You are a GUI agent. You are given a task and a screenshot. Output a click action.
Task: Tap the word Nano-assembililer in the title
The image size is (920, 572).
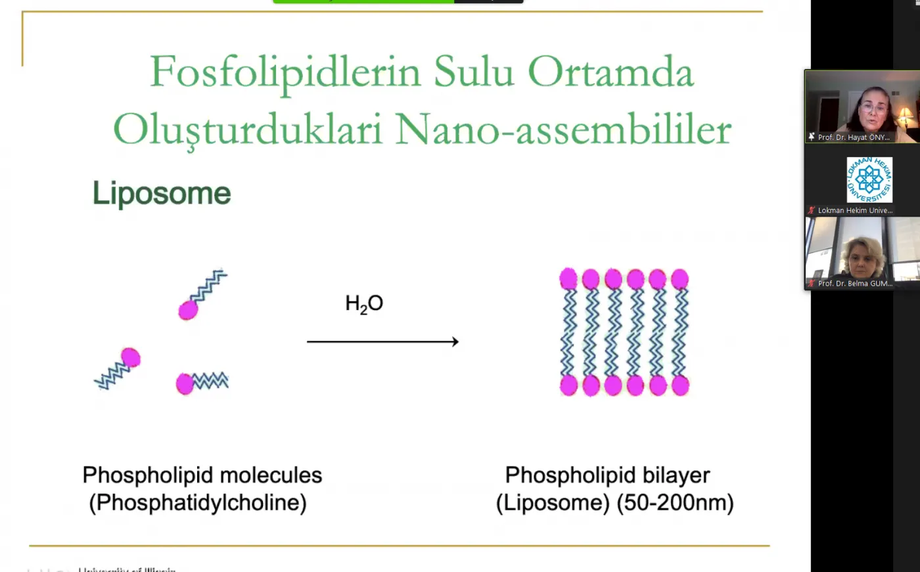563,129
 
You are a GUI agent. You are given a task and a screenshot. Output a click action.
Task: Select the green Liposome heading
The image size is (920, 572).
162,193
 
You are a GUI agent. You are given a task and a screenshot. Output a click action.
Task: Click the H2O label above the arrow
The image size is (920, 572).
364,303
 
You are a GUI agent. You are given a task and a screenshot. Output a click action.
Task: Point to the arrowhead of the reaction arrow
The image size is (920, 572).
455,341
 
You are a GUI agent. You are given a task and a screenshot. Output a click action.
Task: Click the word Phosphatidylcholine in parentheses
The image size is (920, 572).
198,502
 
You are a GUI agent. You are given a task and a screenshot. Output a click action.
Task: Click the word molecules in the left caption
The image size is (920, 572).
271,475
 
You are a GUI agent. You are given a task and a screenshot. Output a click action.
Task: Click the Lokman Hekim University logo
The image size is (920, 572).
869,179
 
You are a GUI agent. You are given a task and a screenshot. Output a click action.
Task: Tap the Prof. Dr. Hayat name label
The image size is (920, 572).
853,137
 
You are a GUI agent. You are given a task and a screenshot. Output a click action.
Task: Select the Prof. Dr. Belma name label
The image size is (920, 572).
854,284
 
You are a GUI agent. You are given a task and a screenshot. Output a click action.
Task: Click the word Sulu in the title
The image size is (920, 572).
474,72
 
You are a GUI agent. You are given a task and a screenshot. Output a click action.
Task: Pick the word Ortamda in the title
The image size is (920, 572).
610,72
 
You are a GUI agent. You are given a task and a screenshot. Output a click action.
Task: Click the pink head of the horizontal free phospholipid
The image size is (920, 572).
185,384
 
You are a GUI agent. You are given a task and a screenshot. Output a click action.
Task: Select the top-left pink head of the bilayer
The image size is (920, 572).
568,278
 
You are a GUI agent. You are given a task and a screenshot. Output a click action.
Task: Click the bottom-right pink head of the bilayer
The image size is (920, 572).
680,385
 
